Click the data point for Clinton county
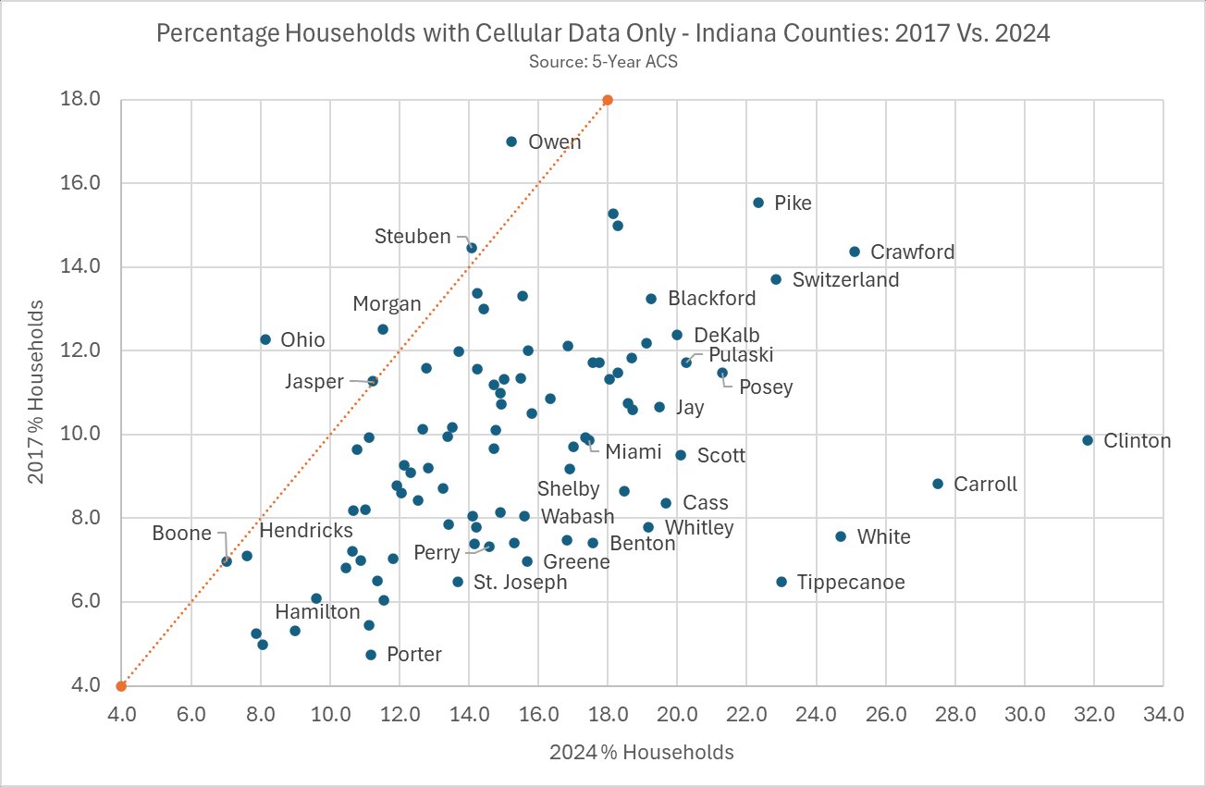coord(1088,440)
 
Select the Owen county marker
coord(511,141)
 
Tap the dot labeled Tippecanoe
coord(781,582)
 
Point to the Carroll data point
coord(938,484)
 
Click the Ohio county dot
coord(265,339)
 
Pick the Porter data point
coord(371,655)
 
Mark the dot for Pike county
coord(758,203)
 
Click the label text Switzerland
coord(845,279)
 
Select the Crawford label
coord(912,252)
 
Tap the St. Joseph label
coord(520,583)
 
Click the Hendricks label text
coord(306,531)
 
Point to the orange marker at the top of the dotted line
coord(608,100)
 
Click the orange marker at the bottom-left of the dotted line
coord(121,685)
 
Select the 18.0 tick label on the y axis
coord(80,100)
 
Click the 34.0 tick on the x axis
coord(1163,714)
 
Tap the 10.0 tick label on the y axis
coord(80,435)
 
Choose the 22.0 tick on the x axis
coord(746,714)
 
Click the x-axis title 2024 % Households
coord(641,752)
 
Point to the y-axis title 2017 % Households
coord(38,392)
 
